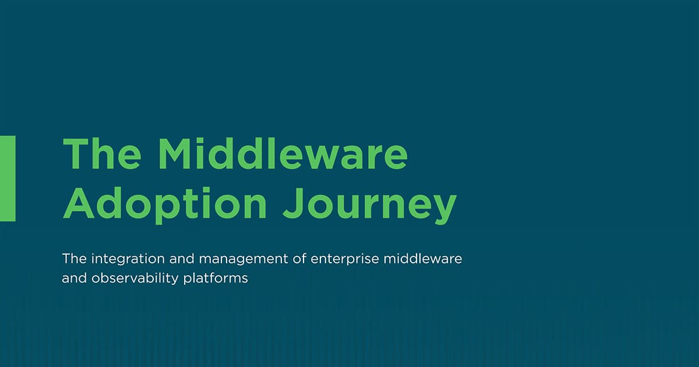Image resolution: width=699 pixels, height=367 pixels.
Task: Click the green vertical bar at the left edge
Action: pyautogui.click(x=8, y=178)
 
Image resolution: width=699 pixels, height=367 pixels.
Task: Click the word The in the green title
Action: pyautogui.click(x=103, y=154)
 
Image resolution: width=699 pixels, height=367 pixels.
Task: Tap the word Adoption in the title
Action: pyautogui.click(x=165, y=204)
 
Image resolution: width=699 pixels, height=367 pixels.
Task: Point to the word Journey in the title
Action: pyautogui.click(x=370, y=205)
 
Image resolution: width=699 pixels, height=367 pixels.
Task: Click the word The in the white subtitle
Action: pyautogui.click(x=75, y=259)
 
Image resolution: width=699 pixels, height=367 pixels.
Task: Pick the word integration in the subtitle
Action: pyautogui.click(x=128, y=259)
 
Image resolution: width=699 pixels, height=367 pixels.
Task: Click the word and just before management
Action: pyautogui.click(x=182, y=259)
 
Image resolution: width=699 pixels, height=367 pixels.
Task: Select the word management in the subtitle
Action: pyautogui.click(x=243, y=260)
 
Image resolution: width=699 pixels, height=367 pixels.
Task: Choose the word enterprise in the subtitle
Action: pyautogui.click(x=345, y=259)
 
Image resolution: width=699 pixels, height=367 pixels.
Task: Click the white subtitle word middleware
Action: pyautogui.click(x=423, y=259)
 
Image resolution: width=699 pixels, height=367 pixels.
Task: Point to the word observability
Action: pyautogui.click(x=135, y=278)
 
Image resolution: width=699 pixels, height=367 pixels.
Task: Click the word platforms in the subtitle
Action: pyautogui.click(x=216, y=278)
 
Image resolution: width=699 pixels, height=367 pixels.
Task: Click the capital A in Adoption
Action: pyautogui.click(x=79, y=203)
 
